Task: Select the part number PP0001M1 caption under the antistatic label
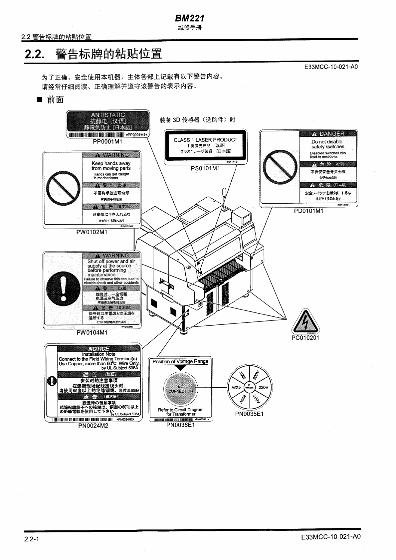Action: click(107, 141)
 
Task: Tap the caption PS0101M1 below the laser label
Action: click(205, 168)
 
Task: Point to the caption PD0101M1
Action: click(308, 211)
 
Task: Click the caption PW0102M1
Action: click(92, 232)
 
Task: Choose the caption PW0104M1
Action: click(92, 332)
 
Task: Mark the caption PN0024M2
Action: click(93, 426)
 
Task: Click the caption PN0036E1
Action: click(180, 425)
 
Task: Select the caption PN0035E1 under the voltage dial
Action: click(249, 414)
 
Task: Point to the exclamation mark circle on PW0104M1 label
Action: click(63, 288)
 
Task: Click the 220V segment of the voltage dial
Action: click(263, 387)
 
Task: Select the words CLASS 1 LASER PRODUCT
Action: click(205, 140)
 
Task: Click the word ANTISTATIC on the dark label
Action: click(108, 115)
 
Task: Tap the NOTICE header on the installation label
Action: click(99, 348)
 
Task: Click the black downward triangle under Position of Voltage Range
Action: click(180, 368)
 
